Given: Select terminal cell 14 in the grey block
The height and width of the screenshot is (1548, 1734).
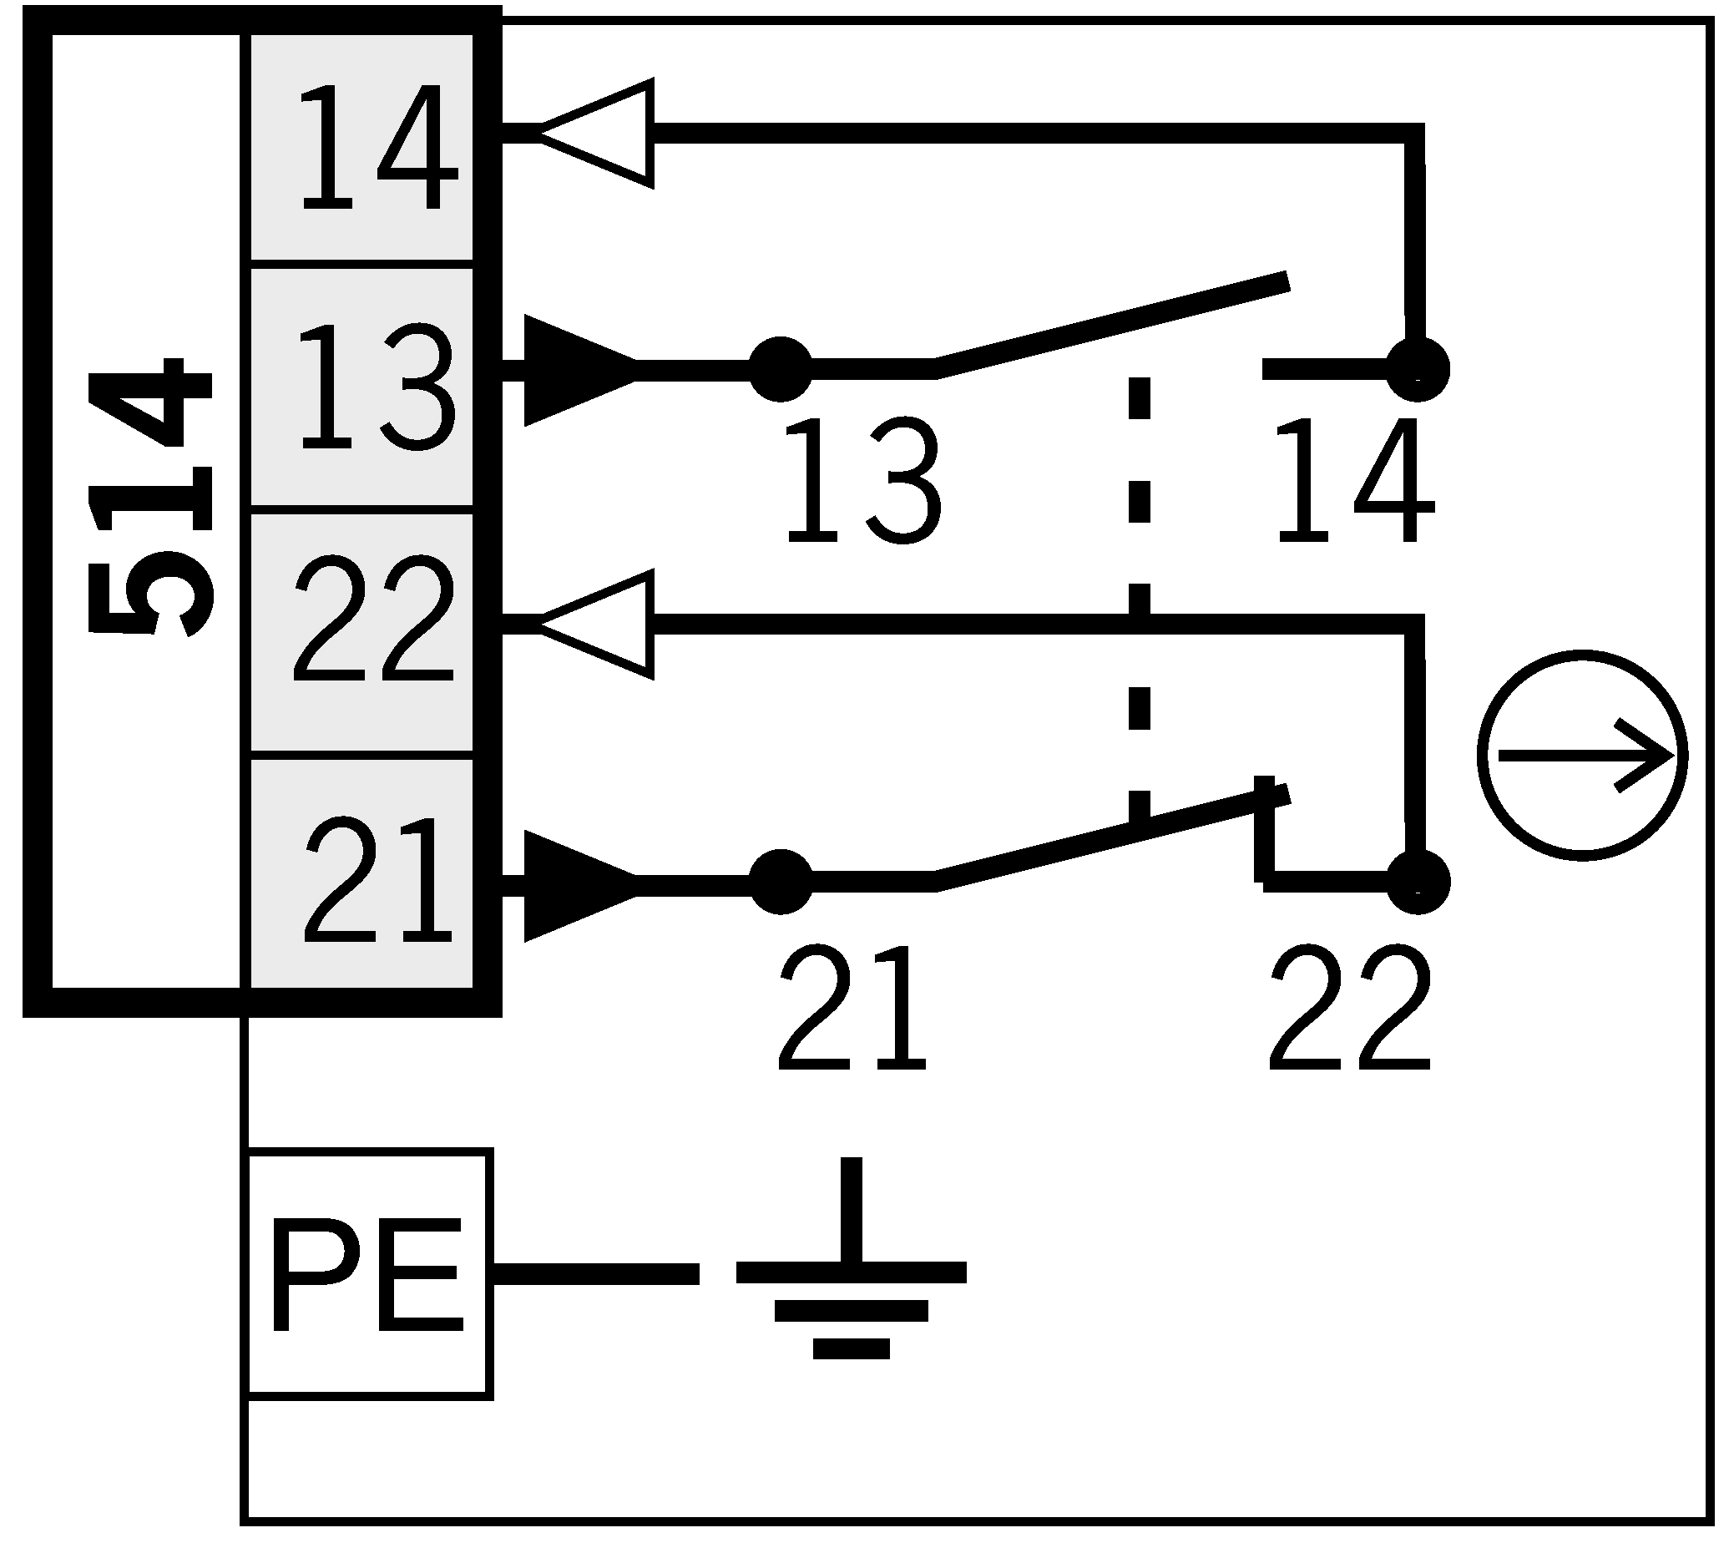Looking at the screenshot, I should point(361,146).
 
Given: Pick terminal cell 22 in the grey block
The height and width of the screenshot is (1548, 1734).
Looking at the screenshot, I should point(361,630).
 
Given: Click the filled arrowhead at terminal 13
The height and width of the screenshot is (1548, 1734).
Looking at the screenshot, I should point(579,370).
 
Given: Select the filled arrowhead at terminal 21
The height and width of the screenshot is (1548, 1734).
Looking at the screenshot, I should point(579,885).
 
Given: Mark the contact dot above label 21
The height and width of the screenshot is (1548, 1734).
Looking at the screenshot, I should point(781,882).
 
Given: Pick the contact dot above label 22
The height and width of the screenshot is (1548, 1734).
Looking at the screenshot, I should point(1417,882).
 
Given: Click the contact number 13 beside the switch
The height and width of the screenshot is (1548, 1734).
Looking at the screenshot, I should point(862,482).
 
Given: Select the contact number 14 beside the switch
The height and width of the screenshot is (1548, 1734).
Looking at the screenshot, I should point(1354,482).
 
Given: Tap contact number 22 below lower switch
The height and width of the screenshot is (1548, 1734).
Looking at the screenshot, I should point(1350,1008).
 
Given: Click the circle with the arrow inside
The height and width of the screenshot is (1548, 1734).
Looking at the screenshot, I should point(1582,756).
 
